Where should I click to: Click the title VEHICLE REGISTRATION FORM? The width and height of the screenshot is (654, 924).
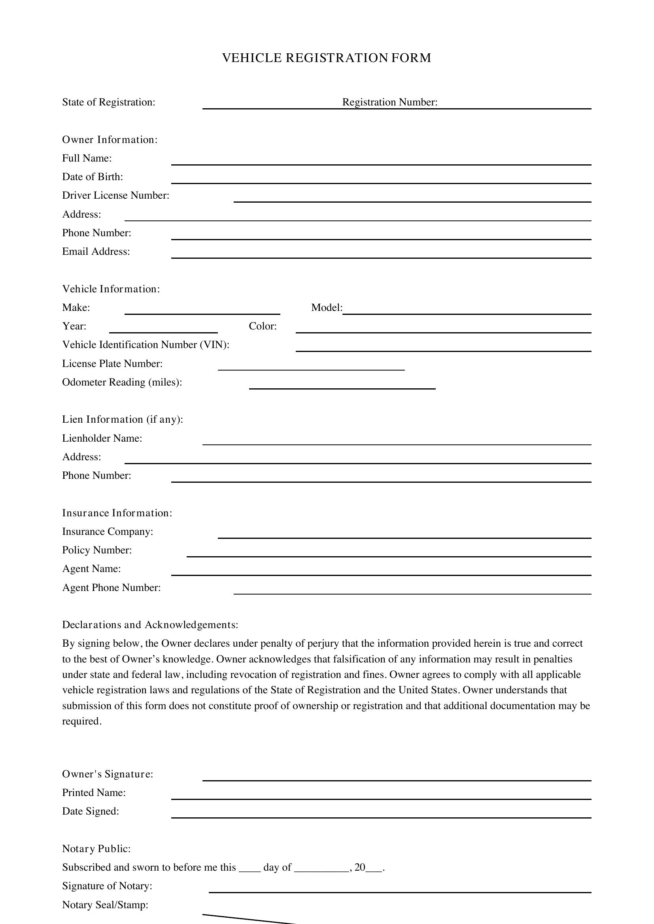[x=327, y=58]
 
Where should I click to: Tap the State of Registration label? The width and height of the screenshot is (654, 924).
[x=109, y=102]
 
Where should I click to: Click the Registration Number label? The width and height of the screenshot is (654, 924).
[x=389, y=102]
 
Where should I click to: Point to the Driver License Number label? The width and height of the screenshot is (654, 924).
[x=115, y=196]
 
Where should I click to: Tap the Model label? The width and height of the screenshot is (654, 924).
[x=327, y=308]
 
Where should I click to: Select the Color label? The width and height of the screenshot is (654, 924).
[x=263, y=326]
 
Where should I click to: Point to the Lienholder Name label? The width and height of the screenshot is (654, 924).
[x=102, y=438]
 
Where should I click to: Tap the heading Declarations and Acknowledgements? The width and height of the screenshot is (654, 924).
[x=150, y=625]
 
